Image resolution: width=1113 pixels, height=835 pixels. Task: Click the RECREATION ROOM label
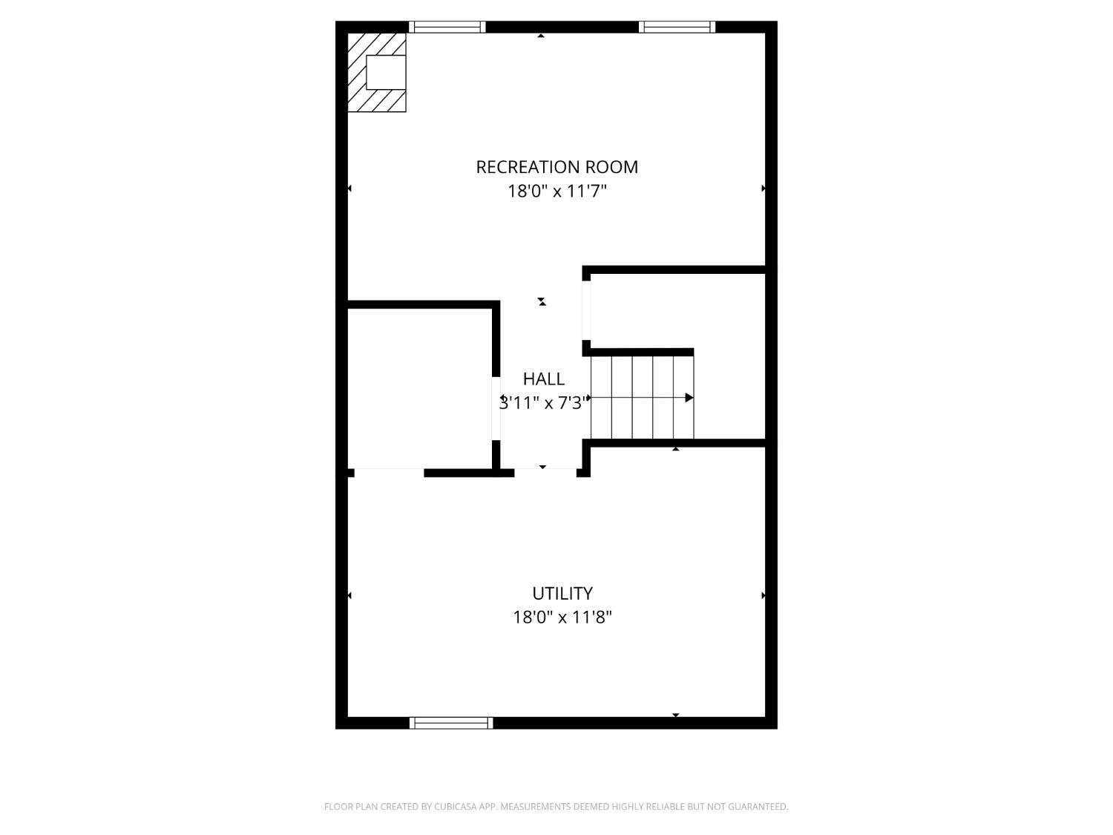click(556, 167)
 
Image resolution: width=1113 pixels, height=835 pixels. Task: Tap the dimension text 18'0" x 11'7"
click(556, 191)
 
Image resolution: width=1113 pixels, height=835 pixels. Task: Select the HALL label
click(543, 379)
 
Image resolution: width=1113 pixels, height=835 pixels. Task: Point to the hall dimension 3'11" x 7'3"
click(544, 403)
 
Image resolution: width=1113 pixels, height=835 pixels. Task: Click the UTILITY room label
click(562, 594)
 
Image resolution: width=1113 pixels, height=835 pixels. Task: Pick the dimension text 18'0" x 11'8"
click(562, 618)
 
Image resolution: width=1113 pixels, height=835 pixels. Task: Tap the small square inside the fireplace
click(386, 72)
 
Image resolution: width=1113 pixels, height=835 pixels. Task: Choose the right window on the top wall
click(676, 27)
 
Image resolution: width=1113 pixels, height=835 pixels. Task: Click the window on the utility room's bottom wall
click(450, 723)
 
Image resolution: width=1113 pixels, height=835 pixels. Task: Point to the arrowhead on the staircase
click(689, 398)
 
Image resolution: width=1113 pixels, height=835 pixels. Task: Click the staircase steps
click(641, 398)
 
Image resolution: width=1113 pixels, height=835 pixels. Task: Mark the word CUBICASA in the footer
click(455, 807)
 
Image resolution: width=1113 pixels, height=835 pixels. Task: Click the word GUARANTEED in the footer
click(762, 807)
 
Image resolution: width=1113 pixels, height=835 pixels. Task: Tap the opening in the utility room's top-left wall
click(389, 473)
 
